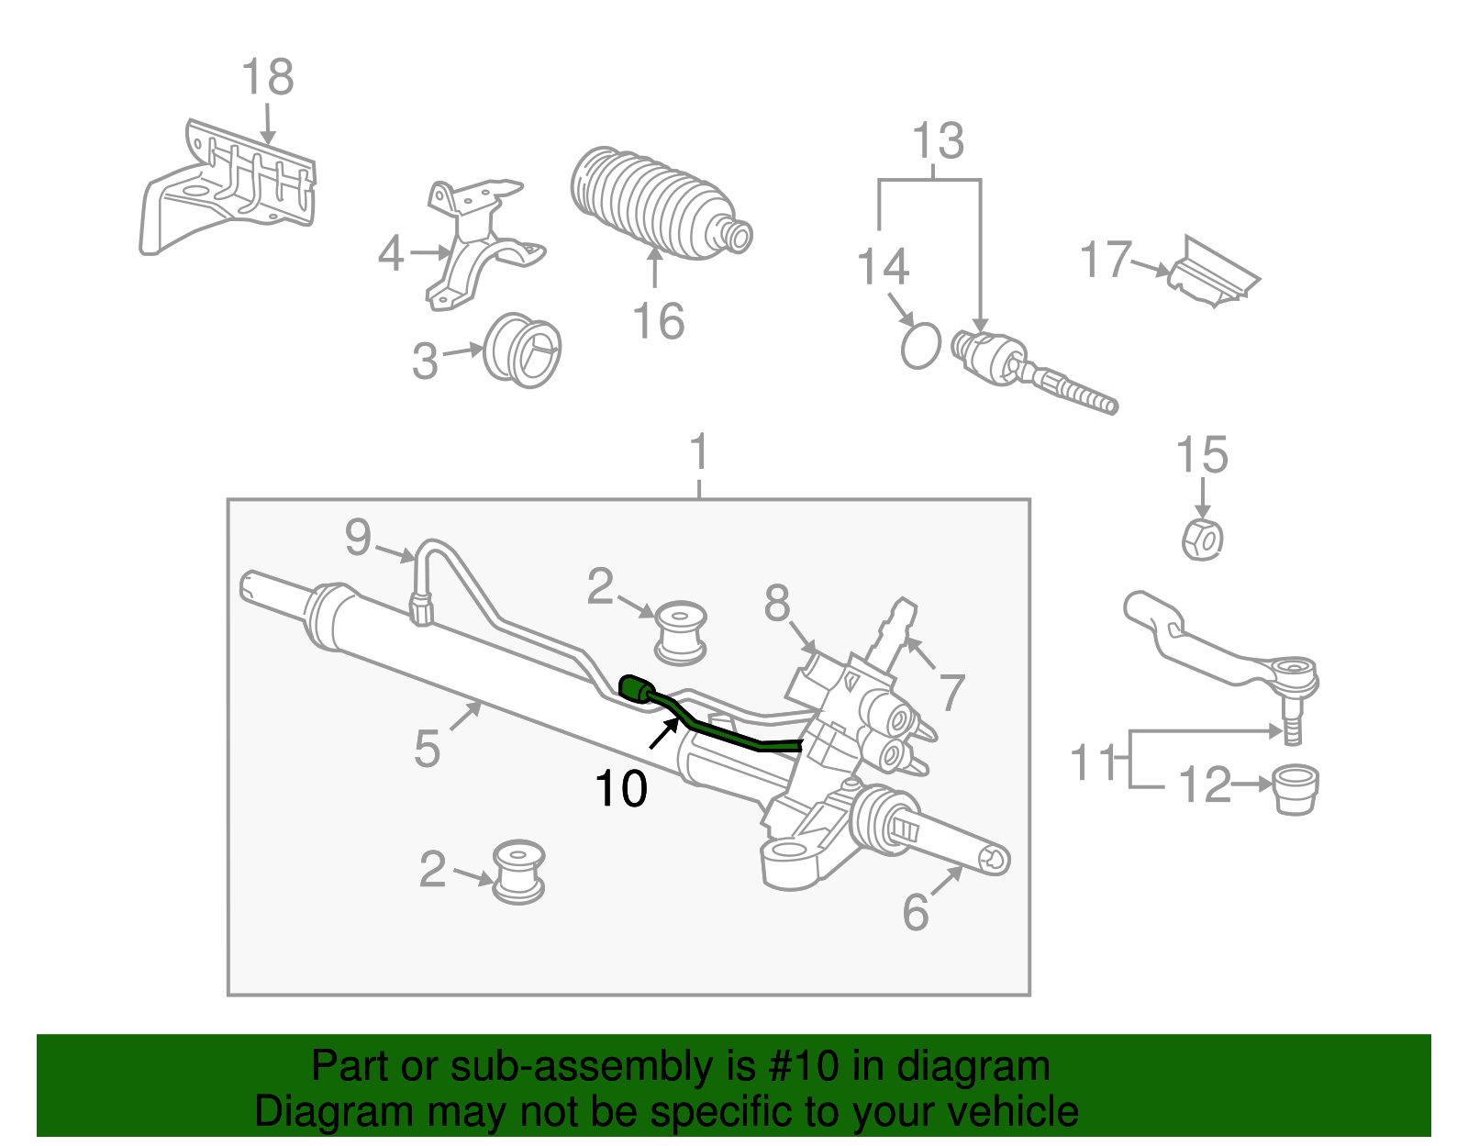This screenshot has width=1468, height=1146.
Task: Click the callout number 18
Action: point(267,77)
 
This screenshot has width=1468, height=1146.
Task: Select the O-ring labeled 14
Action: point(920,345)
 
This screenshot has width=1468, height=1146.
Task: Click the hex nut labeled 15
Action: point(1202,539)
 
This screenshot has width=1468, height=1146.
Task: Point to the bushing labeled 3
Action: point(522,350)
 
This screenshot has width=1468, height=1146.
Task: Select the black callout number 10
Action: point(621,788)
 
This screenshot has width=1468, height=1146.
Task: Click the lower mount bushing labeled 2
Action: point(518,871)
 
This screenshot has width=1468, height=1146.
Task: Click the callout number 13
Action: point(938,141)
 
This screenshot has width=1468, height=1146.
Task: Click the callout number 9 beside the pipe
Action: point(358,537)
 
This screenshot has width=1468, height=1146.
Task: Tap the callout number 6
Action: point(916,912)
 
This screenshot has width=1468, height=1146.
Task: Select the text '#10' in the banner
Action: point(799,1066)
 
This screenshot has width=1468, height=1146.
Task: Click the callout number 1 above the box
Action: point(699,452)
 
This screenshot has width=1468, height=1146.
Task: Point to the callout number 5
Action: point(427,748)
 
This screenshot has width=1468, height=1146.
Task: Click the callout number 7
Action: point(951,692)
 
